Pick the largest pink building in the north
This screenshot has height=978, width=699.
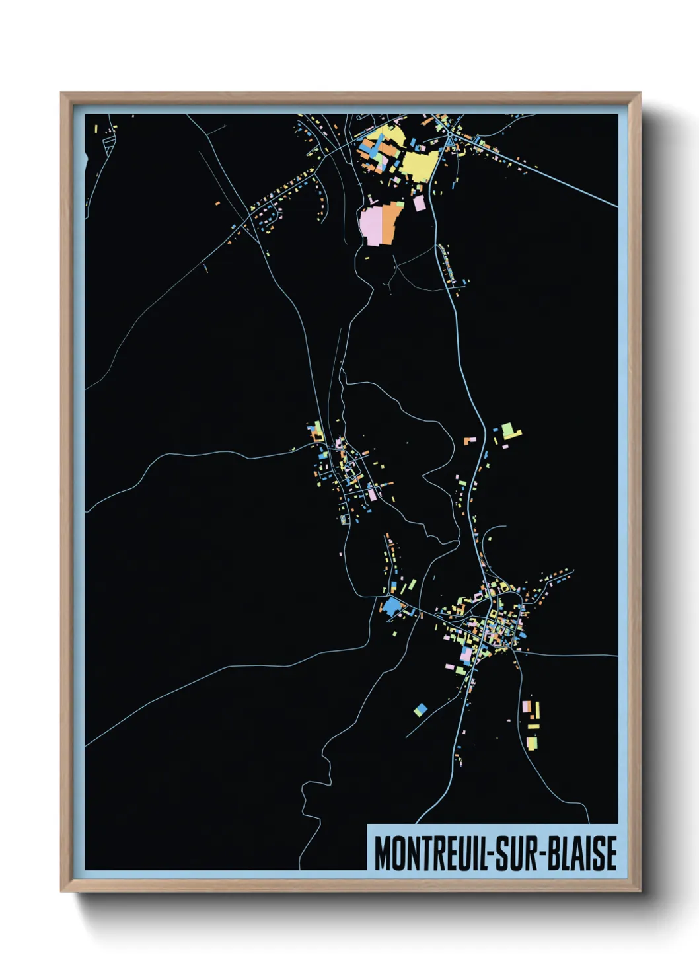pos(371,225)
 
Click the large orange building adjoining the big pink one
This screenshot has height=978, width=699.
pos(392,221)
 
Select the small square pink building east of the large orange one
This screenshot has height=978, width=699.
pos(420,203)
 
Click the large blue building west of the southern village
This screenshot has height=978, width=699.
pos(393,606)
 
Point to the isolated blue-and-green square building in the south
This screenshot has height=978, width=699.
pos(420,710)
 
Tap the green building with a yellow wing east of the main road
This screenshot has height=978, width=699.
pos(510,432)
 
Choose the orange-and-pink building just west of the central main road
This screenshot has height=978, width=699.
pos(470,439)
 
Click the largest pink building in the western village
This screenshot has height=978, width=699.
pos(372,493)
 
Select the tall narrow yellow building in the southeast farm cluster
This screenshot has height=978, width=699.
pos(537,710)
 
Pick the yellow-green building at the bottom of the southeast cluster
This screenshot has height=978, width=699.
pos(532,743)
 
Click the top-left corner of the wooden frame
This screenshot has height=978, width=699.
pos(61,93)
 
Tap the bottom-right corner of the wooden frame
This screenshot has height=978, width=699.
pos(640,891)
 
